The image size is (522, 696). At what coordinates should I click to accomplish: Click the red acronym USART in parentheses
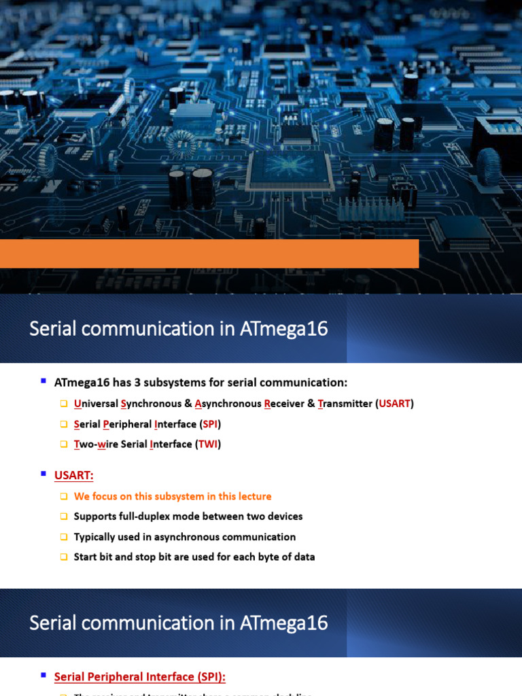coord(395,404)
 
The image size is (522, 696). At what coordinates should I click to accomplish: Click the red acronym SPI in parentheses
coord(210,424)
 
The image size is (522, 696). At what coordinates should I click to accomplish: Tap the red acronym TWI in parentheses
coord(209,445)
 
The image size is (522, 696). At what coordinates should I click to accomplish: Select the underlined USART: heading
coord(73,474)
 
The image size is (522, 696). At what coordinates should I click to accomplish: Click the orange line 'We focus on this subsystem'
coord(173,496)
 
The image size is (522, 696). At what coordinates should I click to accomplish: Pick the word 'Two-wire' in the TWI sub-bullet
coord(97,445)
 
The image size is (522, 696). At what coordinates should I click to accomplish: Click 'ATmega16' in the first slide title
coord(284,329)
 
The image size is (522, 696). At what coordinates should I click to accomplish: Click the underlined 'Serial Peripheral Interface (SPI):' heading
coord(139,677)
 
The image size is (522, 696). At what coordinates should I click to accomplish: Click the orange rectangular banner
coord(209,253)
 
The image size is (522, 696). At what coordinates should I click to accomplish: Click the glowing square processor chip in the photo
coord(290,167)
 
